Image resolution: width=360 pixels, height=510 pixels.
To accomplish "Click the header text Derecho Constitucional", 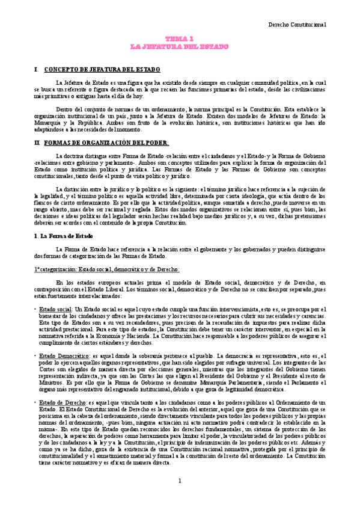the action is click(297, 25).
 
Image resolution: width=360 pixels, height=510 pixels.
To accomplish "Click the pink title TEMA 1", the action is click(179, 38).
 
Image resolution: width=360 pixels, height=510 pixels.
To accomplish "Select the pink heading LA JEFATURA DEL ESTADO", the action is click(179, 46).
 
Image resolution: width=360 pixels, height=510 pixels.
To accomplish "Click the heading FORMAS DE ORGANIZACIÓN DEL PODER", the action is click(107, 143).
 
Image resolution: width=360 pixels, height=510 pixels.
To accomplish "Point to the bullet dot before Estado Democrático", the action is click(35, 355).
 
